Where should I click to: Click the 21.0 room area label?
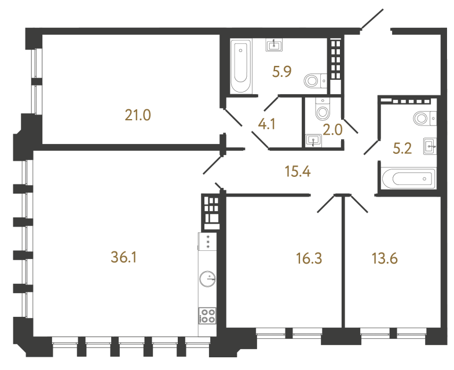pyautogui.click(x=138, y=116)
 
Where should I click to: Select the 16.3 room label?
pyautogui.click(x=309, y=258)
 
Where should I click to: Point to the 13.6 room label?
pyautogui.click(x=385, y=258)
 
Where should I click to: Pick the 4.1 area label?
pyautogui.click(x=265, y=124)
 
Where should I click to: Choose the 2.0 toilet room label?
pyautogui.click(x=333, y=130)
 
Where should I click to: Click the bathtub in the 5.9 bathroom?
pyautogui.click(x=241, y=66)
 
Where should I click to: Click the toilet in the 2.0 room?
pyautogui.click(x=322, y=109)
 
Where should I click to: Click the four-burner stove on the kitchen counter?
pyautogui.click(x=208, y=315)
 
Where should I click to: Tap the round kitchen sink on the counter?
pyautogui.click(x=207, y=279)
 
